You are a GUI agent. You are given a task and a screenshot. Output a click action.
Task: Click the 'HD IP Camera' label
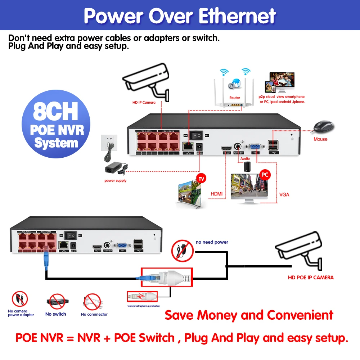click(144, 103)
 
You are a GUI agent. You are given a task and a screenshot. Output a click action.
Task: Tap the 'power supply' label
click(115, 181)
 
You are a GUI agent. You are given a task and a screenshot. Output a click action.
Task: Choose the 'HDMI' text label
click(217, 194)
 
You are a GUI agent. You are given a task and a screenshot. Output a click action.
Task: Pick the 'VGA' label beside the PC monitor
click(284, 195)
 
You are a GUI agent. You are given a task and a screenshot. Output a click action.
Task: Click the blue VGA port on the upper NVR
click(256, 147)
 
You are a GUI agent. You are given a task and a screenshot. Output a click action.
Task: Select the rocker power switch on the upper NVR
click(197, 135)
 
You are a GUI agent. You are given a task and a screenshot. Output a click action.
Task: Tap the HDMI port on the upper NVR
click(226, 148)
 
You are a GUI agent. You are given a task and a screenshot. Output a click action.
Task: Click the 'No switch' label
click(56, 314)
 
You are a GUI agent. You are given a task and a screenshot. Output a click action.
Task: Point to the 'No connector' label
click(94, 314)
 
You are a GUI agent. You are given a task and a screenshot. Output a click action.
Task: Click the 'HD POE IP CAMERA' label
click(311, 278)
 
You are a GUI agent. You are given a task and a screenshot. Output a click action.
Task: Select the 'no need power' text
click(212, 242)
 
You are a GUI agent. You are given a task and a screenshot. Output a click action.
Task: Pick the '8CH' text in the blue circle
click(55, 113)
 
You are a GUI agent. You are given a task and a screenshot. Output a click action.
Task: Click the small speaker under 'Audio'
click(247, 166)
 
